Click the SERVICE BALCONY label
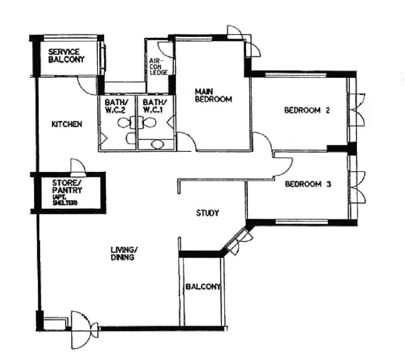(66, 55)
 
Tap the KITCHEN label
(67, 124)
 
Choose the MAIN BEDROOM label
(213, 95)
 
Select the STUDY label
(207, 213)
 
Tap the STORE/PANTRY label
(67, 187)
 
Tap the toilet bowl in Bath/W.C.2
(123, 122)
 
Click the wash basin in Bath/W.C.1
(156, 144)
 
